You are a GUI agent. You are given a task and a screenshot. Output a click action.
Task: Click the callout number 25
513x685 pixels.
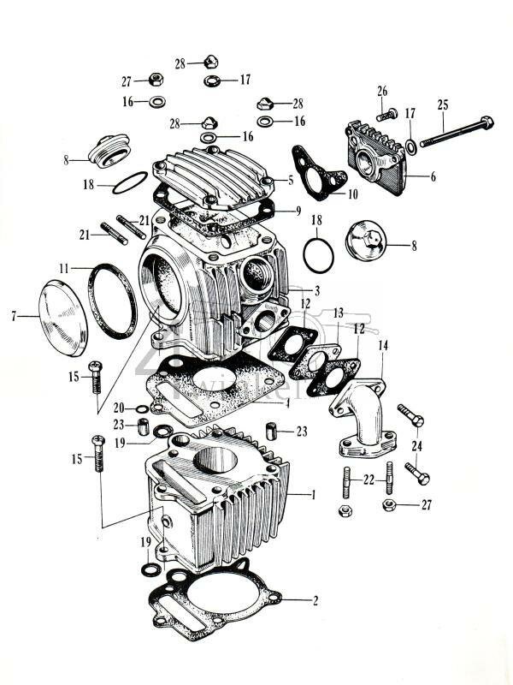pos(442,104)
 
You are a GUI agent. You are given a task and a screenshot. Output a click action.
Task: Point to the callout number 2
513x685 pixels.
pos(315,600)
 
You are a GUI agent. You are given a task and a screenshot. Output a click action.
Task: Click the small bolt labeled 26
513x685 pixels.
pos(385,114)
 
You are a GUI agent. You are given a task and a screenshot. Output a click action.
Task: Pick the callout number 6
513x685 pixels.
pos(432,176)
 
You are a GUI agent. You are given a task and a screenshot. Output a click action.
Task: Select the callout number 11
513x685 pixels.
pos(63,268)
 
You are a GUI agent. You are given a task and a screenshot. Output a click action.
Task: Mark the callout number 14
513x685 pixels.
pos(382,344)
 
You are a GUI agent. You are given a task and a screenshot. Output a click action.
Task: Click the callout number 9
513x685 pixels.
pos(298,211)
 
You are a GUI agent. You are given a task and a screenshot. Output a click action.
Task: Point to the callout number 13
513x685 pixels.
pos(339,313)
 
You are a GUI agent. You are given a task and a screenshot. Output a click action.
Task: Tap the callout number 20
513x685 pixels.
pos(119,408)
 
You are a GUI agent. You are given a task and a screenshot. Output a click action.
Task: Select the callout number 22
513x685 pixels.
pos(369,480)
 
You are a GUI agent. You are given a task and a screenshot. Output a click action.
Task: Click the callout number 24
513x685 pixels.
pos(416,445)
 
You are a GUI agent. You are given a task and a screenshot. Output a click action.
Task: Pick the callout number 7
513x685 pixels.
pos(15,317)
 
